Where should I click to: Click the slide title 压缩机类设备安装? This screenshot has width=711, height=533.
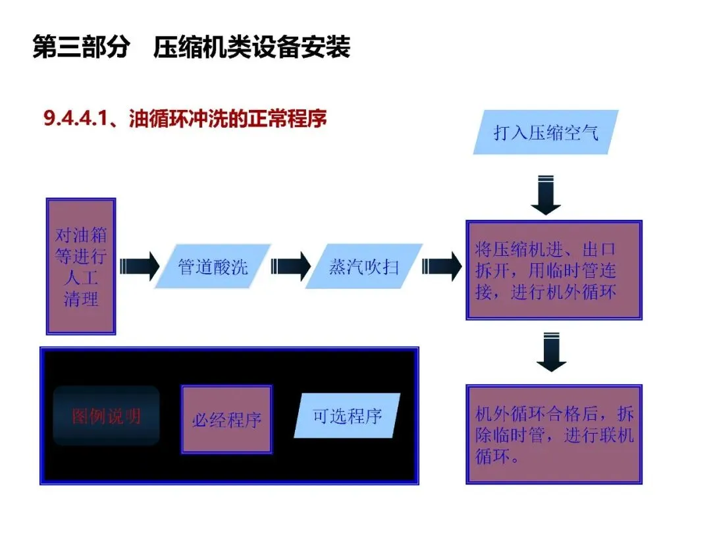click(251, 48)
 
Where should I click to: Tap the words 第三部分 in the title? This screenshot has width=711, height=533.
click(80, 48)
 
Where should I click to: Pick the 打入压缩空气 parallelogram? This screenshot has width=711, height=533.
click(546, 132)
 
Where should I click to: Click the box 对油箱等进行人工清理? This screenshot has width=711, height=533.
click(81, 266)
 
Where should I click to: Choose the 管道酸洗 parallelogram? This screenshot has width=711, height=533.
click(213, 266)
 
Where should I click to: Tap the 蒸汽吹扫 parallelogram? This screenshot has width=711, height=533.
click(363, 266)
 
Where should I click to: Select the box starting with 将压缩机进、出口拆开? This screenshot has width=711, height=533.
click(554, 270)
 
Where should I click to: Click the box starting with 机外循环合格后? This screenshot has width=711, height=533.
click(554, 434)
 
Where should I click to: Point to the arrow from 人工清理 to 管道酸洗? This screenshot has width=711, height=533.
click(140, 266)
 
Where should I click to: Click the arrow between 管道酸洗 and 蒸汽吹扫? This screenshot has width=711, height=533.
click(290, 266)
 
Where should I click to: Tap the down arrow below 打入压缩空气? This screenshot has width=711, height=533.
click(546, 195)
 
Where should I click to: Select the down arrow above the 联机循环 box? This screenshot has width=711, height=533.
click(551, 353)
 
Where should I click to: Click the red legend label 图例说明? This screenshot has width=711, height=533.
click(107, 416)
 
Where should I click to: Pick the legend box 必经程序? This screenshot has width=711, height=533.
click(226, 419)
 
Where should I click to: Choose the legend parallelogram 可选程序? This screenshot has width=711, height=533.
click(347, 416)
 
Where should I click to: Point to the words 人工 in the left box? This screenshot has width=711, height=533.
click(81, 277)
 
